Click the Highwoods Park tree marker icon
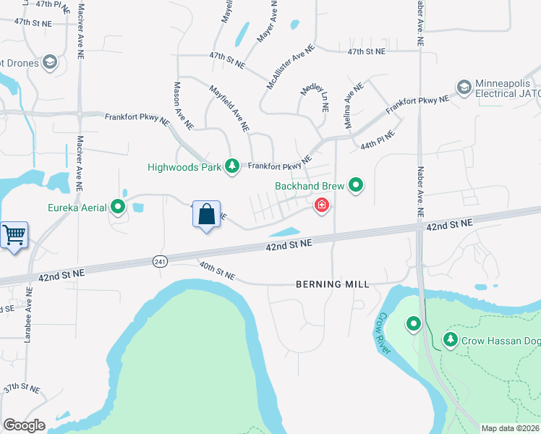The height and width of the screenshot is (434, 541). tap(232, 166)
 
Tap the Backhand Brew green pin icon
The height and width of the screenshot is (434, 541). tap(356, 186)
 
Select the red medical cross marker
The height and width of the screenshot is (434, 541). tap(321, 207)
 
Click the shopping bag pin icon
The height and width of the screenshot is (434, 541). tap(206, 215)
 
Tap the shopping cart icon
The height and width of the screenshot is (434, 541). tap(14, 235)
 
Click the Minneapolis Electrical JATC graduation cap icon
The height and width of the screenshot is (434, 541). tap(464, 88)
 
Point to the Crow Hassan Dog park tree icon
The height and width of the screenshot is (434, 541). tap(450, 339)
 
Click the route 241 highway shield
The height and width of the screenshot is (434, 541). tap(160, 261)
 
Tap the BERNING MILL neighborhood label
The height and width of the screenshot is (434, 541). tap(333, 284)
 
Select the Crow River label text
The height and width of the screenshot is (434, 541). tap(382, 333)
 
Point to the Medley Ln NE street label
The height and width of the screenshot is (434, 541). tap(315, 97)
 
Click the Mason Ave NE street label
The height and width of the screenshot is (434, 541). tap(183, 105)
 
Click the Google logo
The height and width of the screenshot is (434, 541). tap(24, 425)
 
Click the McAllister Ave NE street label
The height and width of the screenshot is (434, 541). tap(291, 67)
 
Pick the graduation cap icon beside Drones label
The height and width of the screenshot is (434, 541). tap(50, 62)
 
